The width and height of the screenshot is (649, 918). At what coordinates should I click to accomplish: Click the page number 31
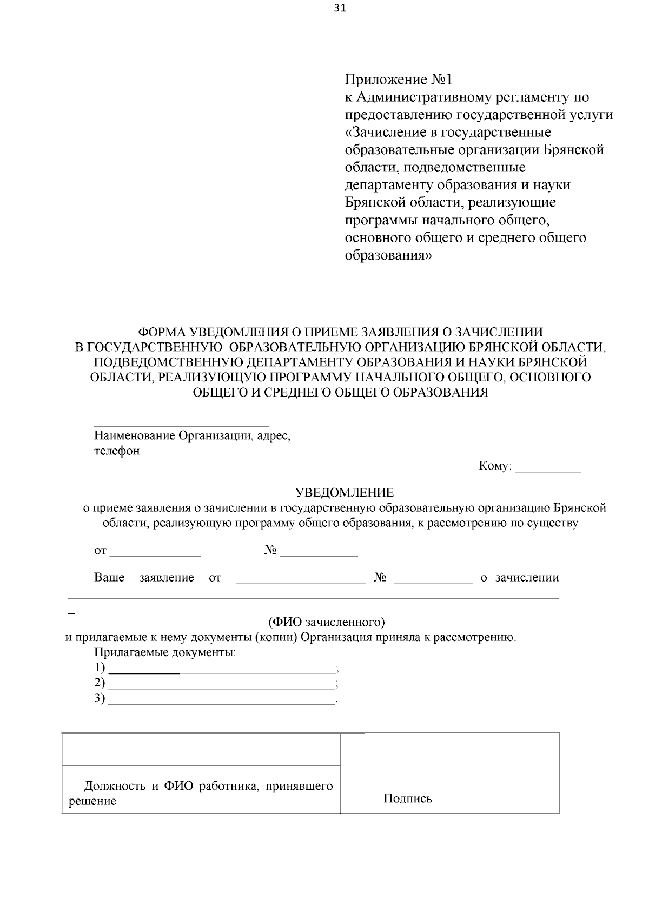click(340, 8)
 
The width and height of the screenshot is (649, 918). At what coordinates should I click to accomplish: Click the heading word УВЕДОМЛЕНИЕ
click(345, 492)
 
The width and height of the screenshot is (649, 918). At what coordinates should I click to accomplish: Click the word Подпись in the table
click(408, 798)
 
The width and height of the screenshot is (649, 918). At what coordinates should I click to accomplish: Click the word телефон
click(117, 451)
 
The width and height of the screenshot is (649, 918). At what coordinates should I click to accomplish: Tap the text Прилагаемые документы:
click(165, 652)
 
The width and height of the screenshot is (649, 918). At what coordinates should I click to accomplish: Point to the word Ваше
click(109, 577)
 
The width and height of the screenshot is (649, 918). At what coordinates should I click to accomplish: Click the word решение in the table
click(92, 801)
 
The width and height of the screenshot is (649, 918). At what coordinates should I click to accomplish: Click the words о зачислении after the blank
click(520, 577)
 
